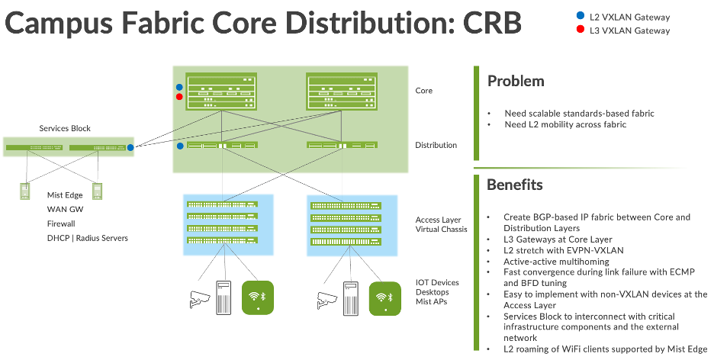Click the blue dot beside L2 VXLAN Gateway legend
click(582, 16)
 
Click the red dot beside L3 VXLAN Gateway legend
click(582, 30)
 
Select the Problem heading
click(516, 81)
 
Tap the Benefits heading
click(515, 185)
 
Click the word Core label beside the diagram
click(424, 91)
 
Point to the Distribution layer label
click(436, 145)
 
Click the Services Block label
click(65, 128)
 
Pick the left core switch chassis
click(221, 92)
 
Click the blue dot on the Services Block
click(130, 147)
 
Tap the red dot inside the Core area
click(179, 97)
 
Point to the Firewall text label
click(61, 224)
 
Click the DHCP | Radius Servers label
click(88, 238)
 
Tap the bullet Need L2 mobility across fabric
click(565, 124)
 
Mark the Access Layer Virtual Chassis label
click(442, 224)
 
